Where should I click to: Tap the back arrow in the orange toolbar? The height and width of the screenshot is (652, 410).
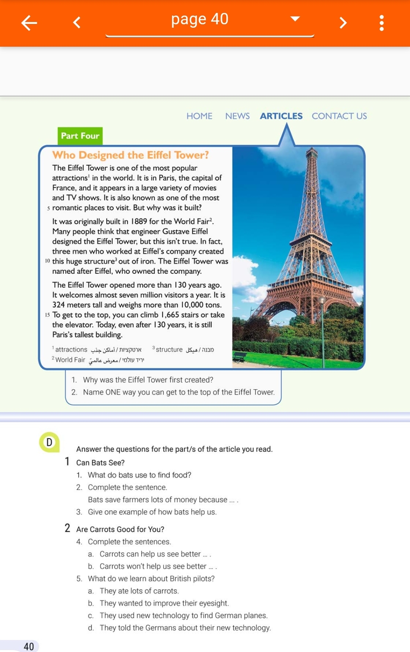(x=29, y=23)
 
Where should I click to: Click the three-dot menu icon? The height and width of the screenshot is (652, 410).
(x=382, y=23)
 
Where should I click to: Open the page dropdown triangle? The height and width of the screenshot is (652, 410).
(x=295, y=19)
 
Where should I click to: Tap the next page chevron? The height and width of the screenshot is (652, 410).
(x=343, y=23)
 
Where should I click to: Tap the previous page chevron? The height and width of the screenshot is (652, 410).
(x=77, y=23)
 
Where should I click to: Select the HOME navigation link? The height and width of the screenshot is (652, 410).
(x=199, y=116)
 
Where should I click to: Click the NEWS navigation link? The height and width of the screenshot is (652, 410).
(x=237, y=116)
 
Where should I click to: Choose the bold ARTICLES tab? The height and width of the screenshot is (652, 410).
(x=281, y=116)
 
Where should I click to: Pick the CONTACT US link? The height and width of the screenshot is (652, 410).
(x=339, y=116)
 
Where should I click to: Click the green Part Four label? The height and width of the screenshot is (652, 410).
(x=80, y=136)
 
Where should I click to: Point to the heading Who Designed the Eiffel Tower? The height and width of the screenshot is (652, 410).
(x=131, y=155)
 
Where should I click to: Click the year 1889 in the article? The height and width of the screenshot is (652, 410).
(x=139, y=221)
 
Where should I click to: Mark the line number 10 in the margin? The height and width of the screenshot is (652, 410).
(x=47, y=261)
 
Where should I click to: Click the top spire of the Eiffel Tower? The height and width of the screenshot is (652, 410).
(x=312, y=150)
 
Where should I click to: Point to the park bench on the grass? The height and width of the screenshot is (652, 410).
(x=239, y=356)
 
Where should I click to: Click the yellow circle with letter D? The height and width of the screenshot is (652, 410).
(x=49, y=442)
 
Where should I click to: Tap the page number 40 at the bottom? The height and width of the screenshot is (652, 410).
(x=29, y=646)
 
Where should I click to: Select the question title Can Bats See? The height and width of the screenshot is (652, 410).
(x=100, y=463)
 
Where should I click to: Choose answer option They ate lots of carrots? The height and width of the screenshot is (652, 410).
(x=139, y=591)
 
